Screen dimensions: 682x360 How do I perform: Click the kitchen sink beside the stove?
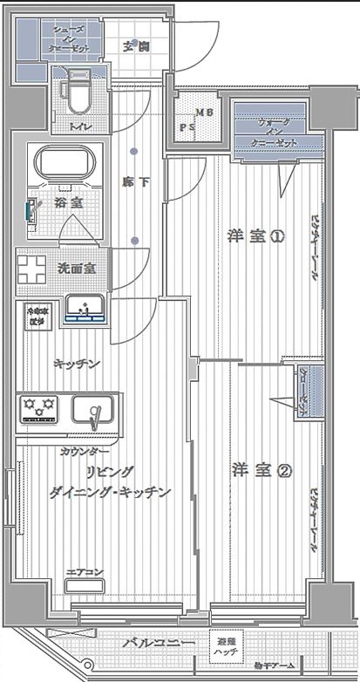93,409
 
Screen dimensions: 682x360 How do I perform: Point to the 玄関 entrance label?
134,45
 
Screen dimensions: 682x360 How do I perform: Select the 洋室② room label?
250,470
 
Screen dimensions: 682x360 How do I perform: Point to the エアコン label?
85,572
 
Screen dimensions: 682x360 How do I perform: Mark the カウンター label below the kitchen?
85,451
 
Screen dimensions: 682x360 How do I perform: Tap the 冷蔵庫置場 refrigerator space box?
37,315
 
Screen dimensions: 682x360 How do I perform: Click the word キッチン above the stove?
76,364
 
